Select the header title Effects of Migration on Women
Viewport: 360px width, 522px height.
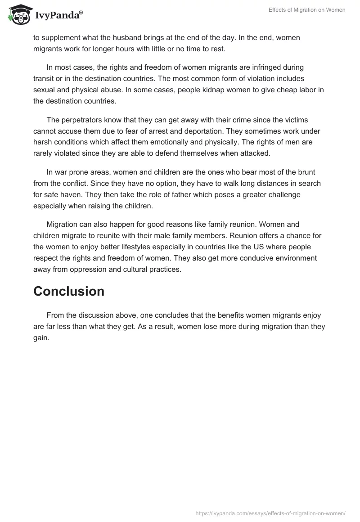[x=306, y=10]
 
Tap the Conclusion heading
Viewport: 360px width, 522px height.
[x=69, y=291]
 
